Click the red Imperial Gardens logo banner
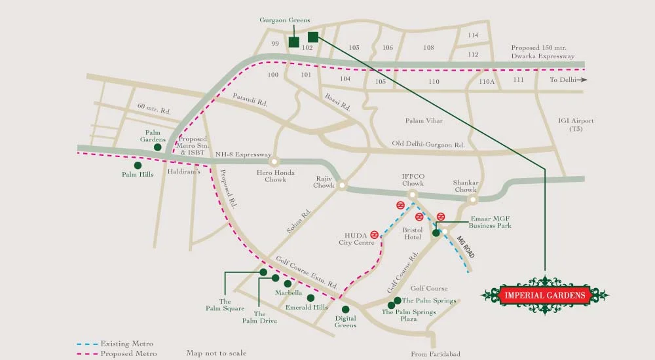(544, 295)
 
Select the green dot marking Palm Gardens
(158, 148)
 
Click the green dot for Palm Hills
(138, 166)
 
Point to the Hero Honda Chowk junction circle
(274, 161)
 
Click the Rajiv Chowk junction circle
(341, 186)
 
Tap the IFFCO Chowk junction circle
(413, 195)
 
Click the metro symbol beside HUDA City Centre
(374, 234)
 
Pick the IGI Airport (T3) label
(576, 124)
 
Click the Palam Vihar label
(424, 120)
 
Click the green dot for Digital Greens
(346, 309)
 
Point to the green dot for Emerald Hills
(310, 298)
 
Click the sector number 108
(428, 47)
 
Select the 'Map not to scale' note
(216, 353)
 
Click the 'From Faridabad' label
(436, 354)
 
